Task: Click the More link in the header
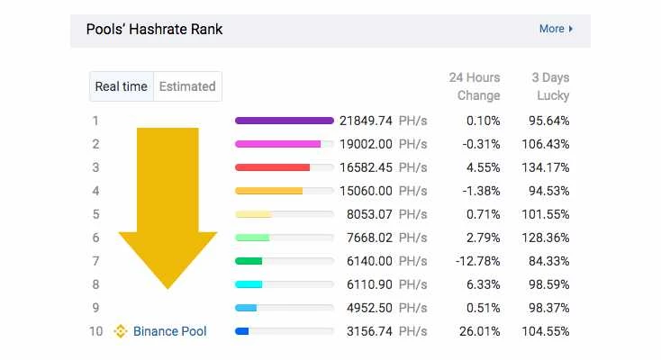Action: pos(556,29)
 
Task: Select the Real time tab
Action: pos(122,86)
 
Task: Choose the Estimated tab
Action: pos(187,86)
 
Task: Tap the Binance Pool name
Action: pos(170,331)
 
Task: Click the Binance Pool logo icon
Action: pos(121,331)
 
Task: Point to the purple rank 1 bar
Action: pos(285,121)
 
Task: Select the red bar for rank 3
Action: pos(272,167)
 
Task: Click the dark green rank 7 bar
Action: pos(249,261)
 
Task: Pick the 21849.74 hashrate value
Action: pos(366,121)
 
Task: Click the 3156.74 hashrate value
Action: pos(370,331)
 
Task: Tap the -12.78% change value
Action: pos(477,261)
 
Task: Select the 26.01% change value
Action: pos(480,331)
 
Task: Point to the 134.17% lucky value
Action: pos(546,167)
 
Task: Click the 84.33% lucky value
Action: pos(548,261)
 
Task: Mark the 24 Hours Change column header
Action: pos(475,86)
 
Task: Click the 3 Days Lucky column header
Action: pos(550,86)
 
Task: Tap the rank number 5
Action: pos(96,214)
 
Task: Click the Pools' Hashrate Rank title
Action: pos(154,29)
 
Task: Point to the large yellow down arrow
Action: pos(168,208)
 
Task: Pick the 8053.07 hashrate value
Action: pos(370,214)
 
